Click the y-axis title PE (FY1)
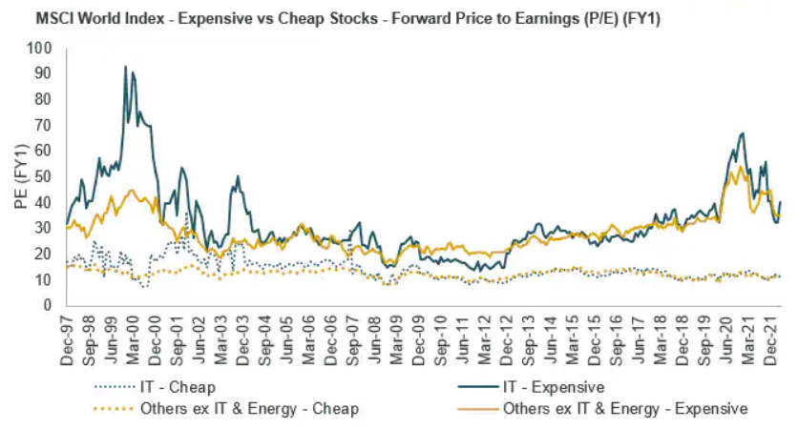pos(19,177)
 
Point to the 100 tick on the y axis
pos(41,48)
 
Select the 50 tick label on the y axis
pos(45,176)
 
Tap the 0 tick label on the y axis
pos(49,306)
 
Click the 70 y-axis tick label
pos(45,125)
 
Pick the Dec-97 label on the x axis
pos(67,335)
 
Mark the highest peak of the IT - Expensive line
pos(126,67)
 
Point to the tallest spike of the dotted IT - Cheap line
pos(187,214)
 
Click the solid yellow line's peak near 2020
pos(740,168)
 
